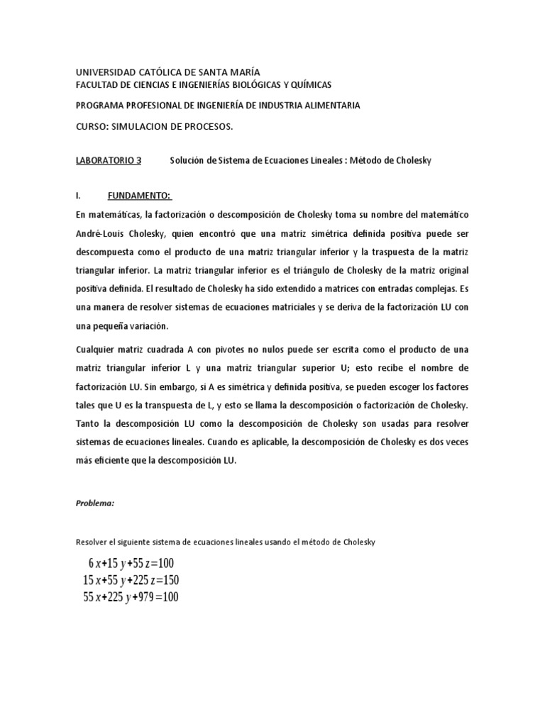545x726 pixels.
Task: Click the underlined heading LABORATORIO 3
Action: tap(109, 161)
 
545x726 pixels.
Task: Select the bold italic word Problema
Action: tap(94, 503)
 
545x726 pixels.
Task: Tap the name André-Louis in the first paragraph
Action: tap(101, 233)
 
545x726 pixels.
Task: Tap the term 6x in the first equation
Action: tap(93, 564)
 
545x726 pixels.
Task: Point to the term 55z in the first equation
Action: tap(139, 564)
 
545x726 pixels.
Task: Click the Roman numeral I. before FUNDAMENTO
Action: tap(79, 195)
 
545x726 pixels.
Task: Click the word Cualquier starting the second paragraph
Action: tap(97, 351)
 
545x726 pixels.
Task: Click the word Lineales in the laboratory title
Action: tap(325, 161)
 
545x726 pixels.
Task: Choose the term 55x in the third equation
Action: tap(93, 598)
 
